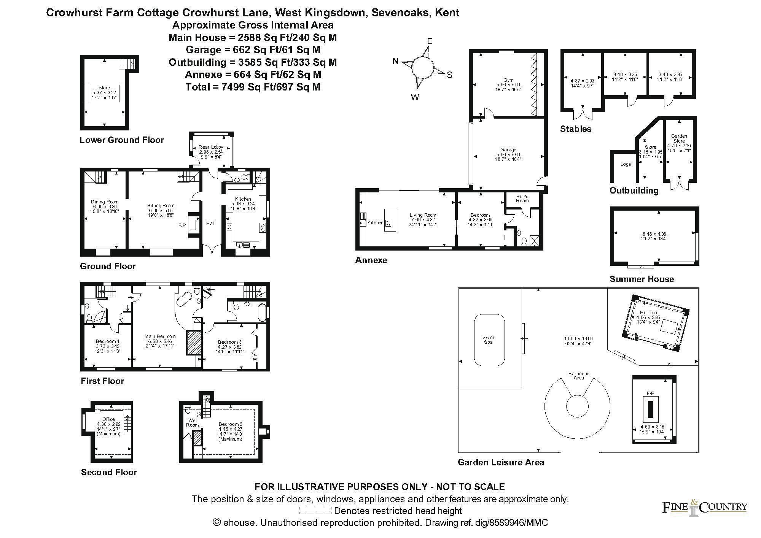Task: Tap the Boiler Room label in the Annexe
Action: point(522,198)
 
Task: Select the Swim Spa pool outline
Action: point(489,340)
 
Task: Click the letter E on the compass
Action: point(430,41)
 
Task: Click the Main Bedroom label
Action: point(160,336)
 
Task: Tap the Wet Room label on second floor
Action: point(193,422)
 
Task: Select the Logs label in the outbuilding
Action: point(626,164)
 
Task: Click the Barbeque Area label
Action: point(578,376)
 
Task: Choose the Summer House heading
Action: point(642,279)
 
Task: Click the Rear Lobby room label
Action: point(211,147)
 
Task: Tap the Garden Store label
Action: point(679,138)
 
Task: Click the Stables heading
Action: point(576,129)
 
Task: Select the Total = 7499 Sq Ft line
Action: point(253,87)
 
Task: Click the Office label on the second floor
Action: point(108,419)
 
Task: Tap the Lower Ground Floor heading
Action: point(122,140)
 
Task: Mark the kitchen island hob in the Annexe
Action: point(388,222)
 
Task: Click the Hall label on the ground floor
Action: point(210,224)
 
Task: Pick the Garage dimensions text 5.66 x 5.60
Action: point(508,154)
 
